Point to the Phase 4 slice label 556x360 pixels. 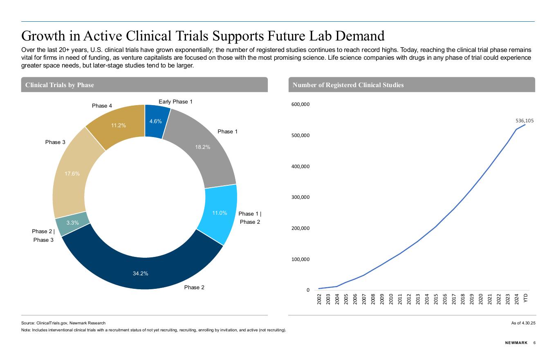coord(102,106)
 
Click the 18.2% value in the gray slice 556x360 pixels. coord(203,147)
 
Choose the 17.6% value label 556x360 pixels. coord(72,174)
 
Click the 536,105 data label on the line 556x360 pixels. coord(525,121)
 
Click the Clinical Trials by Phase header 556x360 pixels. coord(60,85)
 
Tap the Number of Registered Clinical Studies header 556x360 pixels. coord(348,85)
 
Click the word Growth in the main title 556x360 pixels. coord(49,36)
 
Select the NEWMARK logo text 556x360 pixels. coord(516,343)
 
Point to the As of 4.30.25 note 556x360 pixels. coord(523,323)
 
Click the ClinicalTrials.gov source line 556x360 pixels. coord(63,323)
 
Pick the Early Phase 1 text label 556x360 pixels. coord(175,101)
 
